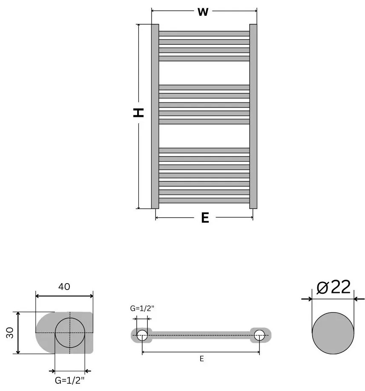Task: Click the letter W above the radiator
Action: pos(203,12)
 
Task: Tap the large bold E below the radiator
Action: pos(205,218)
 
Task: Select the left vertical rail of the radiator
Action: pos(155,116)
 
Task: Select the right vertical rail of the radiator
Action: pos(253,116)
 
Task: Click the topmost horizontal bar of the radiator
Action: pos(204,33)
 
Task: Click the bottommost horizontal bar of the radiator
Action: pos(204,200)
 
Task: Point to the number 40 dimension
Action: pos(64,287)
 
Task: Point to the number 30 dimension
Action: pos(9,333)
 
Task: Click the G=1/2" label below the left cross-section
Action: pos(70,380)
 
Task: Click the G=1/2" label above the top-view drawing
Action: pos(142,308)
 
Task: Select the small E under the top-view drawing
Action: pos(201,359)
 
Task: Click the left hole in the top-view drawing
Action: pos(142,335)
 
